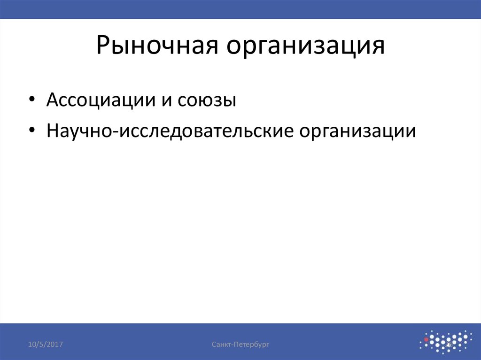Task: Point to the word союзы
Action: [206, 100]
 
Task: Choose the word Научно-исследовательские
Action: [169, 131]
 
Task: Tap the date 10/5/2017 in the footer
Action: [46, 345]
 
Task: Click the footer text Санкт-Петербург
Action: [240, 345]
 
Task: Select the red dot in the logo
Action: [426, 339]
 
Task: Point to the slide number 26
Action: [449, 345]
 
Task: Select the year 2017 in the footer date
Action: [54, 345]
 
